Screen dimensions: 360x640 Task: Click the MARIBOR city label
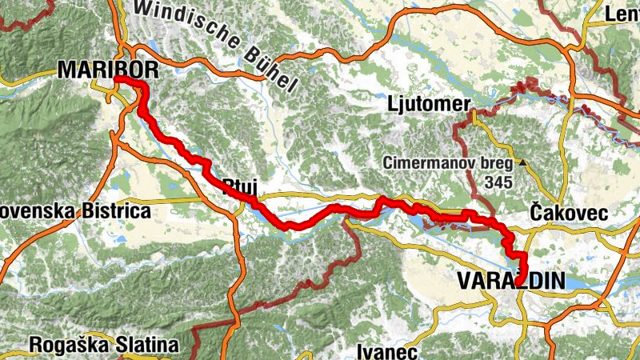102,71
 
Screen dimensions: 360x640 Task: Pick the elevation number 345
499,182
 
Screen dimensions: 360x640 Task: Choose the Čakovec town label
569,214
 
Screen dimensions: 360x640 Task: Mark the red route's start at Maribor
117,80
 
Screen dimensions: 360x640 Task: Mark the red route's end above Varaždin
524,272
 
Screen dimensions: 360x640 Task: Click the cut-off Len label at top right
625,14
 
